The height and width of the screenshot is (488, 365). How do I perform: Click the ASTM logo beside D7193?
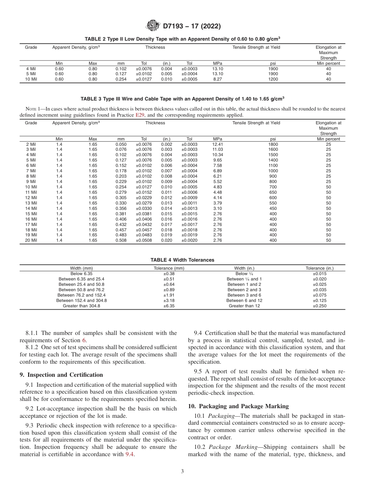click(x=153, y=26)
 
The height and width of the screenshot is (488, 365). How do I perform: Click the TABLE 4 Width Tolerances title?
click(x=182, y=260)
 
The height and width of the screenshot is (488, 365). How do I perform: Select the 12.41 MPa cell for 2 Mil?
click(x=218, y=144)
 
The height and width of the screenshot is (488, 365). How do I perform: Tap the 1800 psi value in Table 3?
click(x=273, y=144)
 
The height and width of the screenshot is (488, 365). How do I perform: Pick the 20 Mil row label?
click(x=31, y=240)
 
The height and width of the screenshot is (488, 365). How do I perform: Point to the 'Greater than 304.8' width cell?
click(x=81, y=306)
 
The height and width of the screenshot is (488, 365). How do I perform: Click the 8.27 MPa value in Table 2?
click(x=218, y=79)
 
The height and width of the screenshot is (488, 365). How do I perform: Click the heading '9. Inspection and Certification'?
click(x=61, y=374)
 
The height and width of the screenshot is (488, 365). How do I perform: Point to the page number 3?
click(x=182, y=472)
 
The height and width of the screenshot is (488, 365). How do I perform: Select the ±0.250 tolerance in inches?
click(x=319, y=306)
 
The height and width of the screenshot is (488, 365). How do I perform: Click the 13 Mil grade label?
click(x=31, y=203)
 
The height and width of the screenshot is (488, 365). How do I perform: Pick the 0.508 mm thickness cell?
click(x=121, y=240)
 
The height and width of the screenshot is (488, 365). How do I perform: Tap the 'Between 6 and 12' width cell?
click(x=244, y=300)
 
